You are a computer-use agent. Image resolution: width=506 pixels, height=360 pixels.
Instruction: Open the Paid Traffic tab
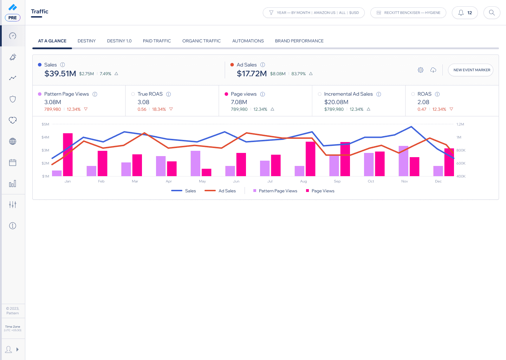157,41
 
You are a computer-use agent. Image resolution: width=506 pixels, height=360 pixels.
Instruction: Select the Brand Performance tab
299,41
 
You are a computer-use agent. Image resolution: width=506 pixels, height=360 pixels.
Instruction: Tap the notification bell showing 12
465,13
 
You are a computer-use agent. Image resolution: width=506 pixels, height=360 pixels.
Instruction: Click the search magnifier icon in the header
492,13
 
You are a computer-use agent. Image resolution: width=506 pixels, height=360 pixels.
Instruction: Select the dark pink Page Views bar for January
68,155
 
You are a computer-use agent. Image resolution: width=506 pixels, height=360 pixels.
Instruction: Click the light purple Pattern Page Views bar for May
195,163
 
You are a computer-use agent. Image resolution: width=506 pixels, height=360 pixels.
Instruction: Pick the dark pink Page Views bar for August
310,159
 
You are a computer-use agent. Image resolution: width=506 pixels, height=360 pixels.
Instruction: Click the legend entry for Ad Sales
220,191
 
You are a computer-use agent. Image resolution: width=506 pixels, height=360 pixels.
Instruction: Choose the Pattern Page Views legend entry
275,191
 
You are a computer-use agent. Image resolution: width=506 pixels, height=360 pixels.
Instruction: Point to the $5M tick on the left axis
45,124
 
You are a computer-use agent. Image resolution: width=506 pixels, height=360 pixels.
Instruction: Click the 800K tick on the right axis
461,150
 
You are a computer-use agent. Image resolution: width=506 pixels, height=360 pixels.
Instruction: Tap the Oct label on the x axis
371,181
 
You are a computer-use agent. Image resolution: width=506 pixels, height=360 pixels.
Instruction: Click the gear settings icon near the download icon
421,70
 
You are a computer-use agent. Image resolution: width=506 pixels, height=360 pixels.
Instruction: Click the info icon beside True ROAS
169,94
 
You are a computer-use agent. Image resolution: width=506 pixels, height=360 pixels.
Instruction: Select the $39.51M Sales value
60,73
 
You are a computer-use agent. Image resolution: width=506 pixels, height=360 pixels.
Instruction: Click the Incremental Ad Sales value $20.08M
336,102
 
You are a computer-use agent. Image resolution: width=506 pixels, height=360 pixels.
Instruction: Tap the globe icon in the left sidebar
13,141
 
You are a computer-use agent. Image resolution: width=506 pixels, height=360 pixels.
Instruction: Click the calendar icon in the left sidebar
13,162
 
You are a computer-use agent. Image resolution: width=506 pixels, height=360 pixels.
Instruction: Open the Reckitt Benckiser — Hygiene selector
408,13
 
